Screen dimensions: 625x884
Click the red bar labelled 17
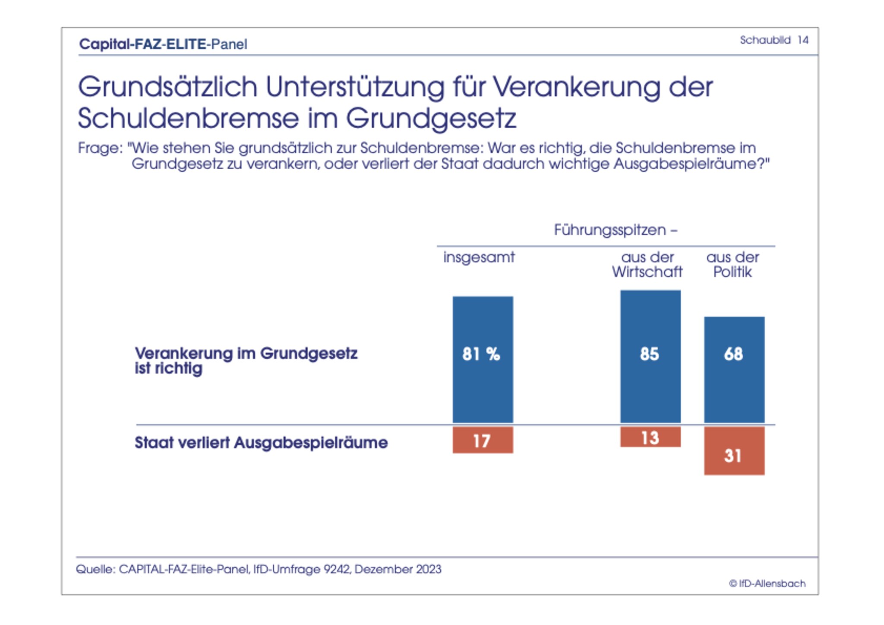click(483, 440)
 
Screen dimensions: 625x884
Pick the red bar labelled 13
click(650, 437)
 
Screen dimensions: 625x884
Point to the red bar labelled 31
click(734, 451)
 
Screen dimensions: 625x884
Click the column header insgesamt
click(479, 257)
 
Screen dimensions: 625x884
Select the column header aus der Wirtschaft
click(647, 265)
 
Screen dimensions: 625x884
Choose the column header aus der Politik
click(732, 265)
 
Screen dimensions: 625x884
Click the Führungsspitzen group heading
click(615, 230)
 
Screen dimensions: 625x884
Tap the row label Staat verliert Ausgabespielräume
click(261, 442)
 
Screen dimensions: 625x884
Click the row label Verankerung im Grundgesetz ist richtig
click(246, 360)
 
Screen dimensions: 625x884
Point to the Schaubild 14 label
click(773, 40)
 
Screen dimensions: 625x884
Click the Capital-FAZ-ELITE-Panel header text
click(163, 44)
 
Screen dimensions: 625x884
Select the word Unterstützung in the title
click(355, 87)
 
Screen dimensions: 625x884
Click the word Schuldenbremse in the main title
click(188, 118)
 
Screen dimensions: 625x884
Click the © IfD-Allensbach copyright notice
click(767, 584)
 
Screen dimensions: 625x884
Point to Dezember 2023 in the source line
click(398, 569)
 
